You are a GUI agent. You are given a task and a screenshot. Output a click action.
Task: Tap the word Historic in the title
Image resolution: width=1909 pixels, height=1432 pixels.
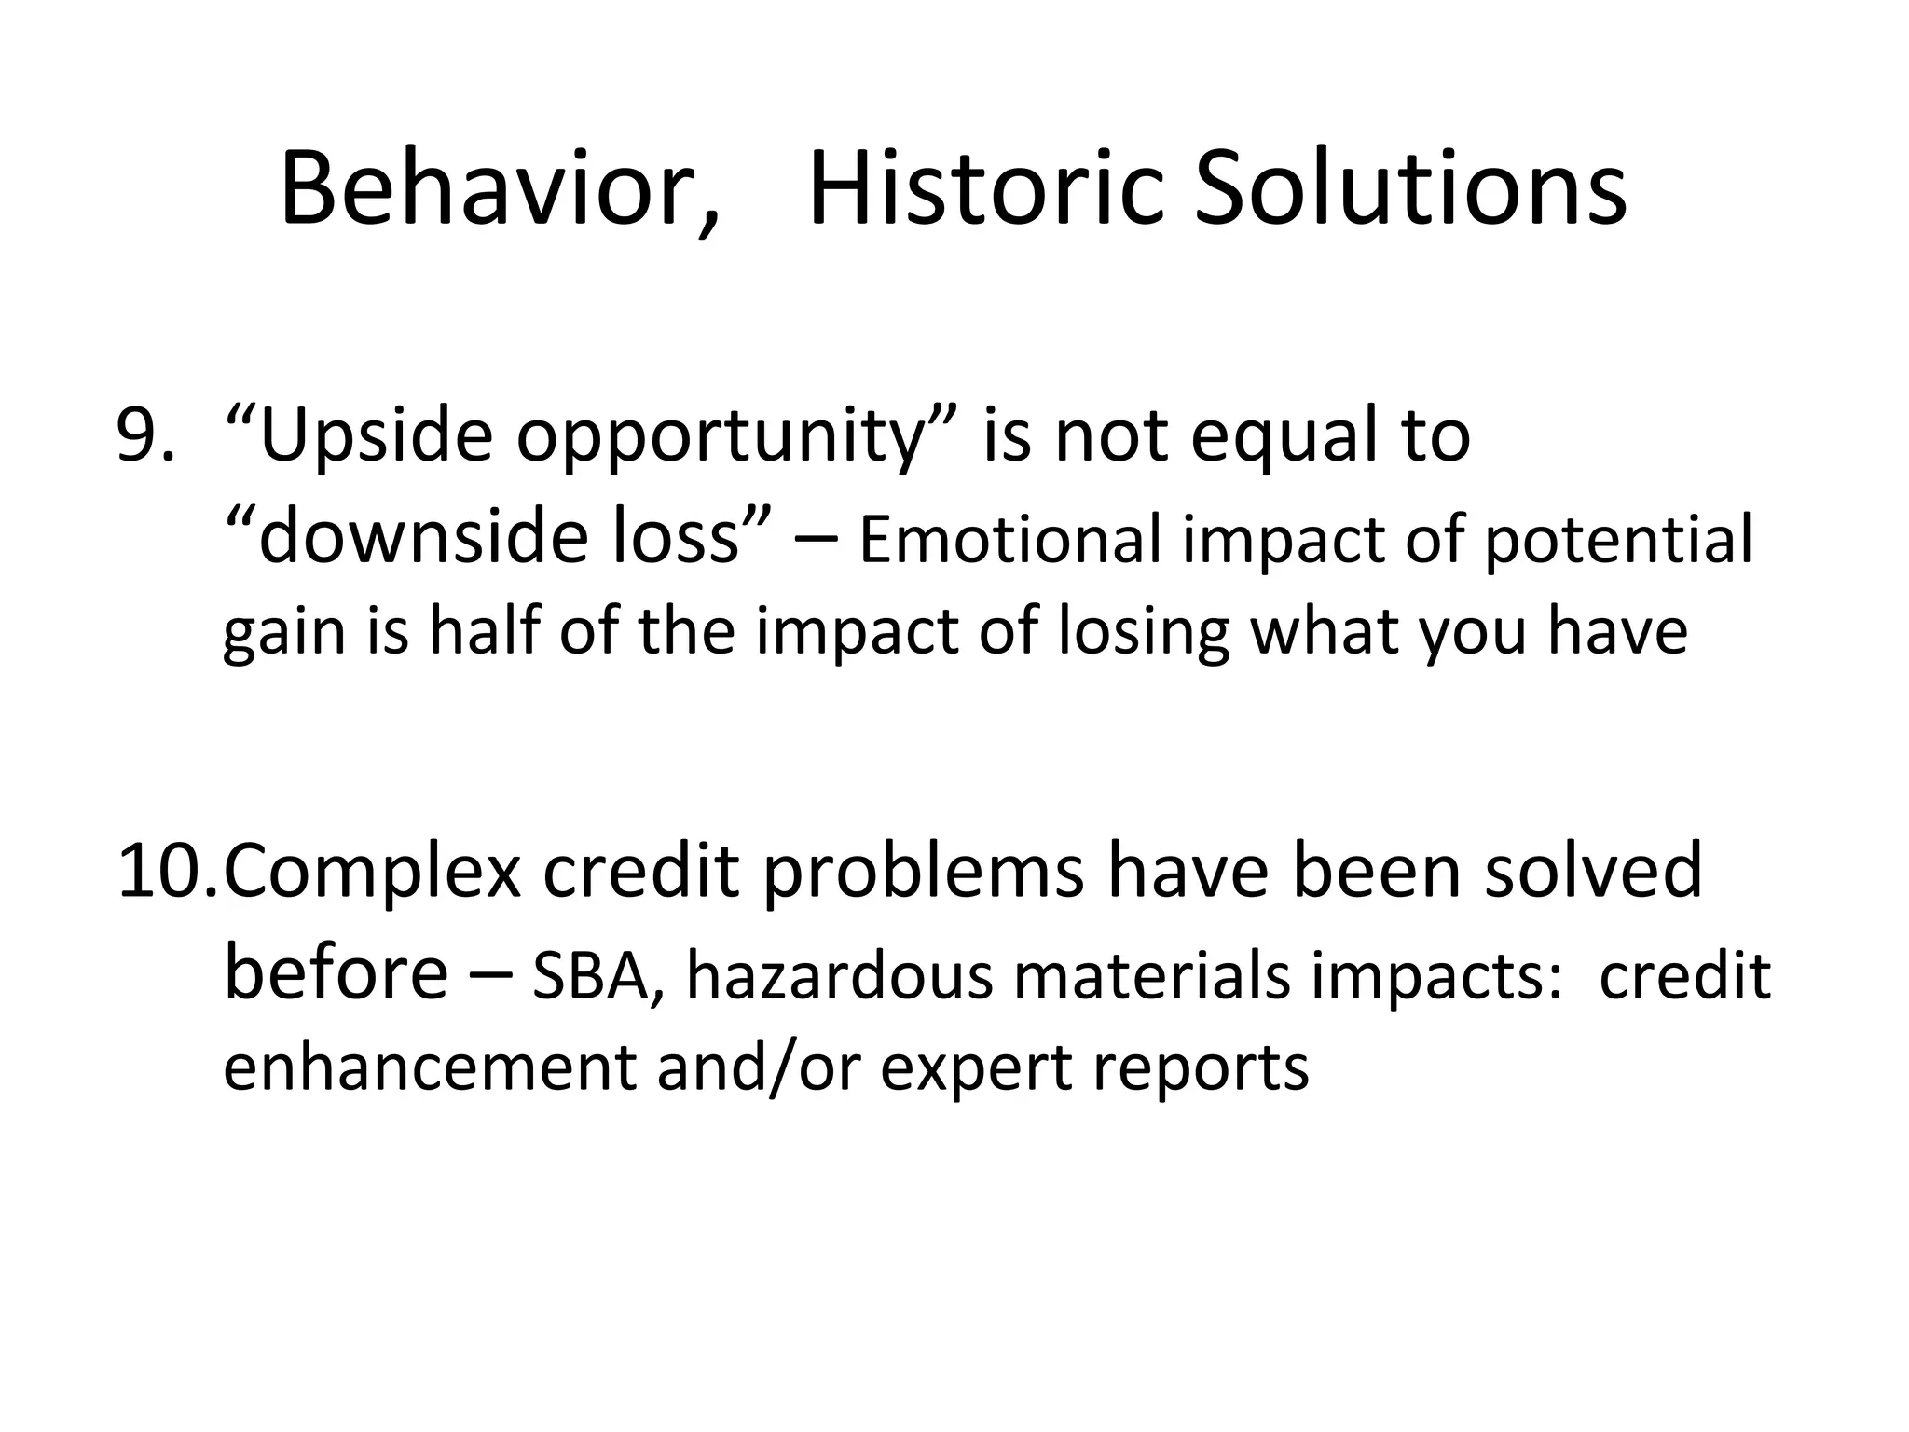coord(986,191)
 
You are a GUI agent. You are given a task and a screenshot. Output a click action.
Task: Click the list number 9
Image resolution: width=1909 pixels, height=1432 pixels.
coord(144,436)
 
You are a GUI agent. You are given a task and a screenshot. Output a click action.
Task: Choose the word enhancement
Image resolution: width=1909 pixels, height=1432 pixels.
coord(430,1067)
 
